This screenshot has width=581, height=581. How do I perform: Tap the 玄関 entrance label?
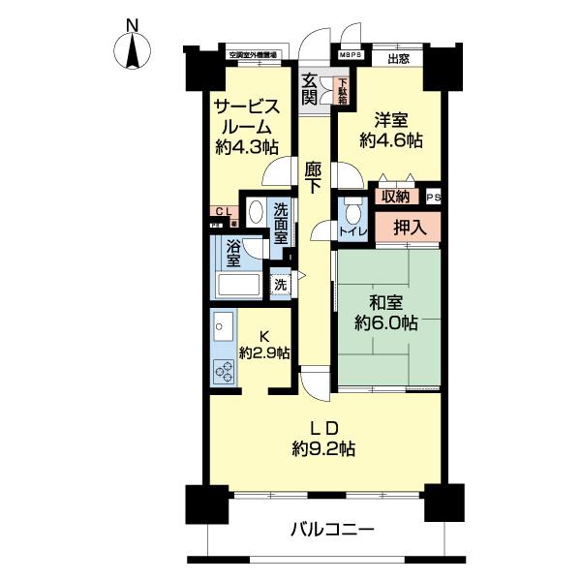(x=310, y=89)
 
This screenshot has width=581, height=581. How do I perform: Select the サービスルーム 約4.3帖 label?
(x=247, y=127)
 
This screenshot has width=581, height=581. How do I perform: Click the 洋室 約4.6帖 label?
(x=390, y=130)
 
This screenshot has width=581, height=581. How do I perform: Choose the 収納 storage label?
(x=394, y=197)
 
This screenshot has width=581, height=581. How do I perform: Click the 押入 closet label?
(x=406, y=228)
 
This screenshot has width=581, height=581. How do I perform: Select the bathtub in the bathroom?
(x=238, y=285)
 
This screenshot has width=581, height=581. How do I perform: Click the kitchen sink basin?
(x=220, y=326)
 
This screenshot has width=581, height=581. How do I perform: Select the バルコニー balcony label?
(x=332, y=531)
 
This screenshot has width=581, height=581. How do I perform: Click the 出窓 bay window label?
(x=397, y=57)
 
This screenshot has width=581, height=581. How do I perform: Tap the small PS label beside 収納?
(x=432, y=196)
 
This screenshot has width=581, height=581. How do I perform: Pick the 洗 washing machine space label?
(x=280, y=285)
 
